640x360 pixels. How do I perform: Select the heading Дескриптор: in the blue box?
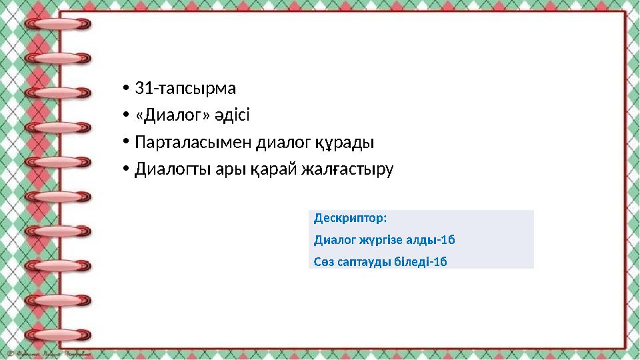click(350, 219)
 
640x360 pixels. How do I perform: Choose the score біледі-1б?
click(421, 261)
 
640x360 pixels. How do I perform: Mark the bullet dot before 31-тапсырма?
click(125, 89)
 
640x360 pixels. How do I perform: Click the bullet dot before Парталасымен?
click(125, 143)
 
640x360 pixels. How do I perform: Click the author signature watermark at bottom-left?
click(47, 353)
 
